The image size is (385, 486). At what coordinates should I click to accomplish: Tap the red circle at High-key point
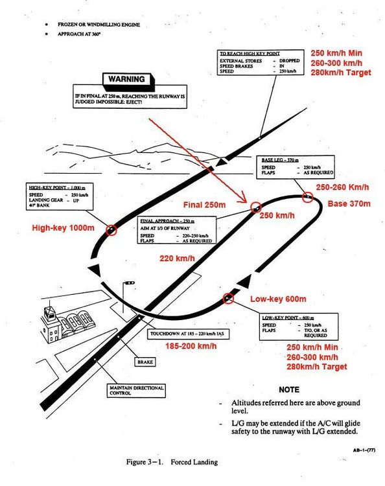tap(111, 230)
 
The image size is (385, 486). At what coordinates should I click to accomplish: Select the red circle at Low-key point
tap(228, 298)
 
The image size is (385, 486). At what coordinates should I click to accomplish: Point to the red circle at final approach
tap(255, 207)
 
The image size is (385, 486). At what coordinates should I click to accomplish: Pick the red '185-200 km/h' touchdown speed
tap(191, 347)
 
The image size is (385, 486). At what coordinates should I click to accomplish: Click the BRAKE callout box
tap(145, 363)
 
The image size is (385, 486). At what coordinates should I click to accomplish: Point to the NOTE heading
tap(288, 390)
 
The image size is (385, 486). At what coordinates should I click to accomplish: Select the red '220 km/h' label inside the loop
tap(178, 259)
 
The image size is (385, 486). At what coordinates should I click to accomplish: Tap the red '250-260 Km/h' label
tap(342, 187)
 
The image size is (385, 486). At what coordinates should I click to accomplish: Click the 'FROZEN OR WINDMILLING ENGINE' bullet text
tap(99, 24)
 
